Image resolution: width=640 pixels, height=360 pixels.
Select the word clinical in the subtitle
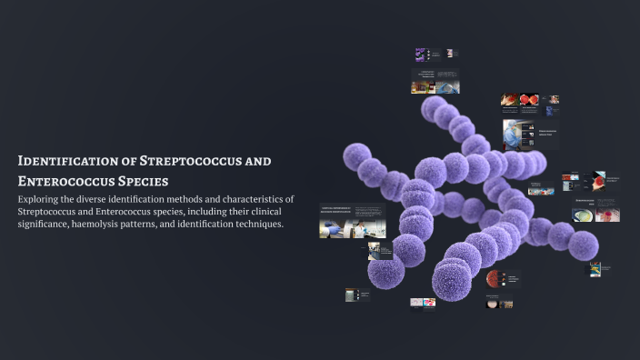(266, 211)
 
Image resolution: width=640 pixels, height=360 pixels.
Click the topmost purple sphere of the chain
(434, 107)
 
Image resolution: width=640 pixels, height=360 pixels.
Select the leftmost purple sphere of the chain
(356, 156)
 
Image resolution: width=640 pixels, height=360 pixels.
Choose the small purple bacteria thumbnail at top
(421, 55)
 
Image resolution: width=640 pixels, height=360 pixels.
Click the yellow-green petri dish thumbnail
(583, 215)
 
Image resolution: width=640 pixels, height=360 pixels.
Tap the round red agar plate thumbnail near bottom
(493, 278)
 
